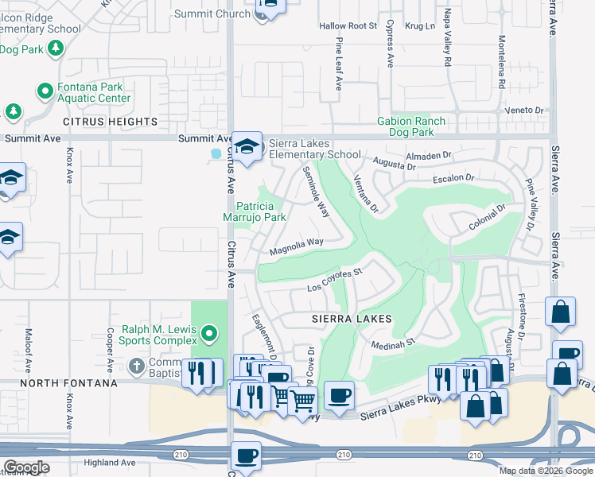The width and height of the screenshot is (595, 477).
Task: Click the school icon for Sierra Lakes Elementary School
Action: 247,146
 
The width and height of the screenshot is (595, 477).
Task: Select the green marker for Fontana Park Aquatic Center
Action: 45,91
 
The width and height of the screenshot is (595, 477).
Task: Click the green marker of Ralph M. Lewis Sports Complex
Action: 209,332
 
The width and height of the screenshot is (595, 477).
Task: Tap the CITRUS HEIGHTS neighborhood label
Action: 111,122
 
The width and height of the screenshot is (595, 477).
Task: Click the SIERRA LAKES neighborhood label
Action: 352,318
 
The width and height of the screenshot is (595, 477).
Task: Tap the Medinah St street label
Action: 395,343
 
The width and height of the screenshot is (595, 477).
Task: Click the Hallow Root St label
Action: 348,26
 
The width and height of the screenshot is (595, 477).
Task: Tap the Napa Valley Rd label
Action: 447,44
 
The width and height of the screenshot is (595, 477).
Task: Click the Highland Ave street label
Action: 110,462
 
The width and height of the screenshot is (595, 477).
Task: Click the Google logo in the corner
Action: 26,467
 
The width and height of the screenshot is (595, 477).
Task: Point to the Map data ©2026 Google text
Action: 545,471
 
